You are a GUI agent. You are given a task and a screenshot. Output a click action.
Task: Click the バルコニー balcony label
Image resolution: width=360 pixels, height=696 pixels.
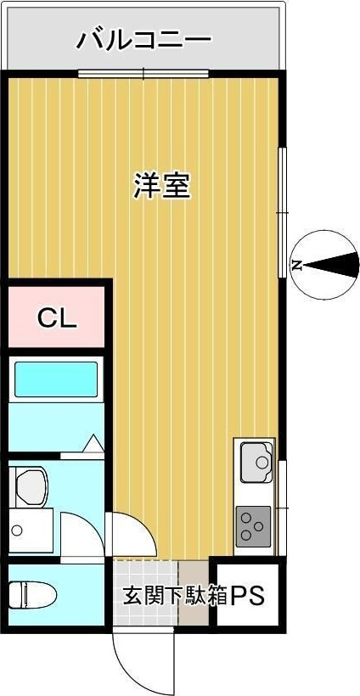click(x=143, y=39)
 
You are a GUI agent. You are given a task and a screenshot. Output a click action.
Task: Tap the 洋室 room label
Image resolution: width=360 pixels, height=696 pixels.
click(x=161, y=185)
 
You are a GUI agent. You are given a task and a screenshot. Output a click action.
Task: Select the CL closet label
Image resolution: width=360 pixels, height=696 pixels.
click(x=57, y=319)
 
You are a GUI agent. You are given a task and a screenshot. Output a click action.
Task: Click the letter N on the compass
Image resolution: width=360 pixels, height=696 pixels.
click(x=297, y=266)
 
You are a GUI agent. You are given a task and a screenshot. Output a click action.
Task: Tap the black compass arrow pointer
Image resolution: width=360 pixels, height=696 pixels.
click(x=335, y=266)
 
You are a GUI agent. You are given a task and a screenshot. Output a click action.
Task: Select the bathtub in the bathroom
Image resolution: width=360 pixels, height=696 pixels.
click(x=56, y=379)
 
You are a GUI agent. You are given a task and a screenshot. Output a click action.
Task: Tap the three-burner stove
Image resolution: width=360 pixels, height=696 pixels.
click(x=253, y=525)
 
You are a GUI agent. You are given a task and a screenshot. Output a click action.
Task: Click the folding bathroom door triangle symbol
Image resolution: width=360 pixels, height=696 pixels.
click(x=93, y=443)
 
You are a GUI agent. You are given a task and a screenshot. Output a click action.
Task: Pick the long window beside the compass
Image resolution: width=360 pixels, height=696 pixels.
click(x=282, y=212)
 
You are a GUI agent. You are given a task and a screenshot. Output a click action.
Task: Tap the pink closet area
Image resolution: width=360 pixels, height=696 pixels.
click(x=57, y=319)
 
